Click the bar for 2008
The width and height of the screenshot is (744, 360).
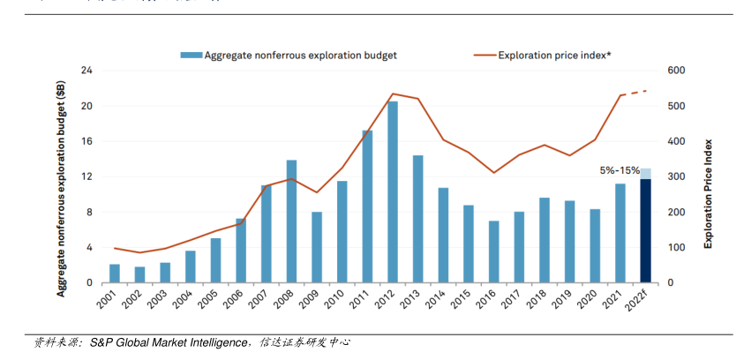coord(291,221)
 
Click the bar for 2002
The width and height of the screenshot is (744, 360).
coord(139,274)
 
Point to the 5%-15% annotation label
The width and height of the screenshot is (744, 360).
coord(620,169)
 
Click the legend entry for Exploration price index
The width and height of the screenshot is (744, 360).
coord(554,55)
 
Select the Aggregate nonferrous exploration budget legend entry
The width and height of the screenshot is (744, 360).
coord(300,55)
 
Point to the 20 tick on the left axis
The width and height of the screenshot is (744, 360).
coord(86,106)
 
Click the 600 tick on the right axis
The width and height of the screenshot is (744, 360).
coord(676,71)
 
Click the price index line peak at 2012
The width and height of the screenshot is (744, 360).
coord(393,94)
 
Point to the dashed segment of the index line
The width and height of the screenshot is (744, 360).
coord(635,93)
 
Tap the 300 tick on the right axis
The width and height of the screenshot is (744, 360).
coord(676,176)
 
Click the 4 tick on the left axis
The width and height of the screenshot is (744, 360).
coord(89,247)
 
